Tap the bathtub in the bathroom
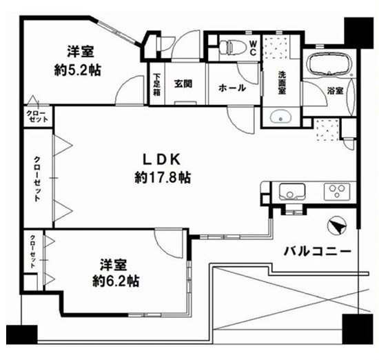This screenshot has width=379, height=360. (329, 64)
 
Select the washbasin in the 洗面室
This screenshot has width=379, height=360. (280, 117)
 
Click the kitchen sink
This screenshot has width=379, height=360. (291, 192)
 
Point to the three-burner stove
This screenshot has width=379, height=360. (337, 192)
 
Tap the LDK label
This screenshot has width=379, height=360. (162, 159)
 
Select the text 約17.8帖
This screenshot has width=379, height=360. (163, 178)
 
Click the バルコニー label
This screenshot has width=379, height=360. (318, 252)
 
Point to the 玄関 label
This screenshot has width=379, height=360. (183, 83)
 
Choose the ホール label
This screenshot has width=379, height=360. (232, 88)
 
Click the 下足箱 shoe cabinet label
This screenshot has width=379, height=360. (156, 84)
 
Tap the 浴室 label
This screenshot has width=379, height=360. (336, 91)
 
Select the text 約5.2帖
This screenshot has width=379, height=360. (77, 70)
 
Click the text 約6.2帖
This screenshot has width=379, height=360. (116, 281)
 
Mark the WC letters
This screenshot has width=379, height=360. (253, 48)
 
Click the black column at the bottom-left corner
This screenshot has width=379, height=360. (22, 334)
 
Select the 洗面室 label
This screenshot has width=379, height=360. (282, 83)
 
